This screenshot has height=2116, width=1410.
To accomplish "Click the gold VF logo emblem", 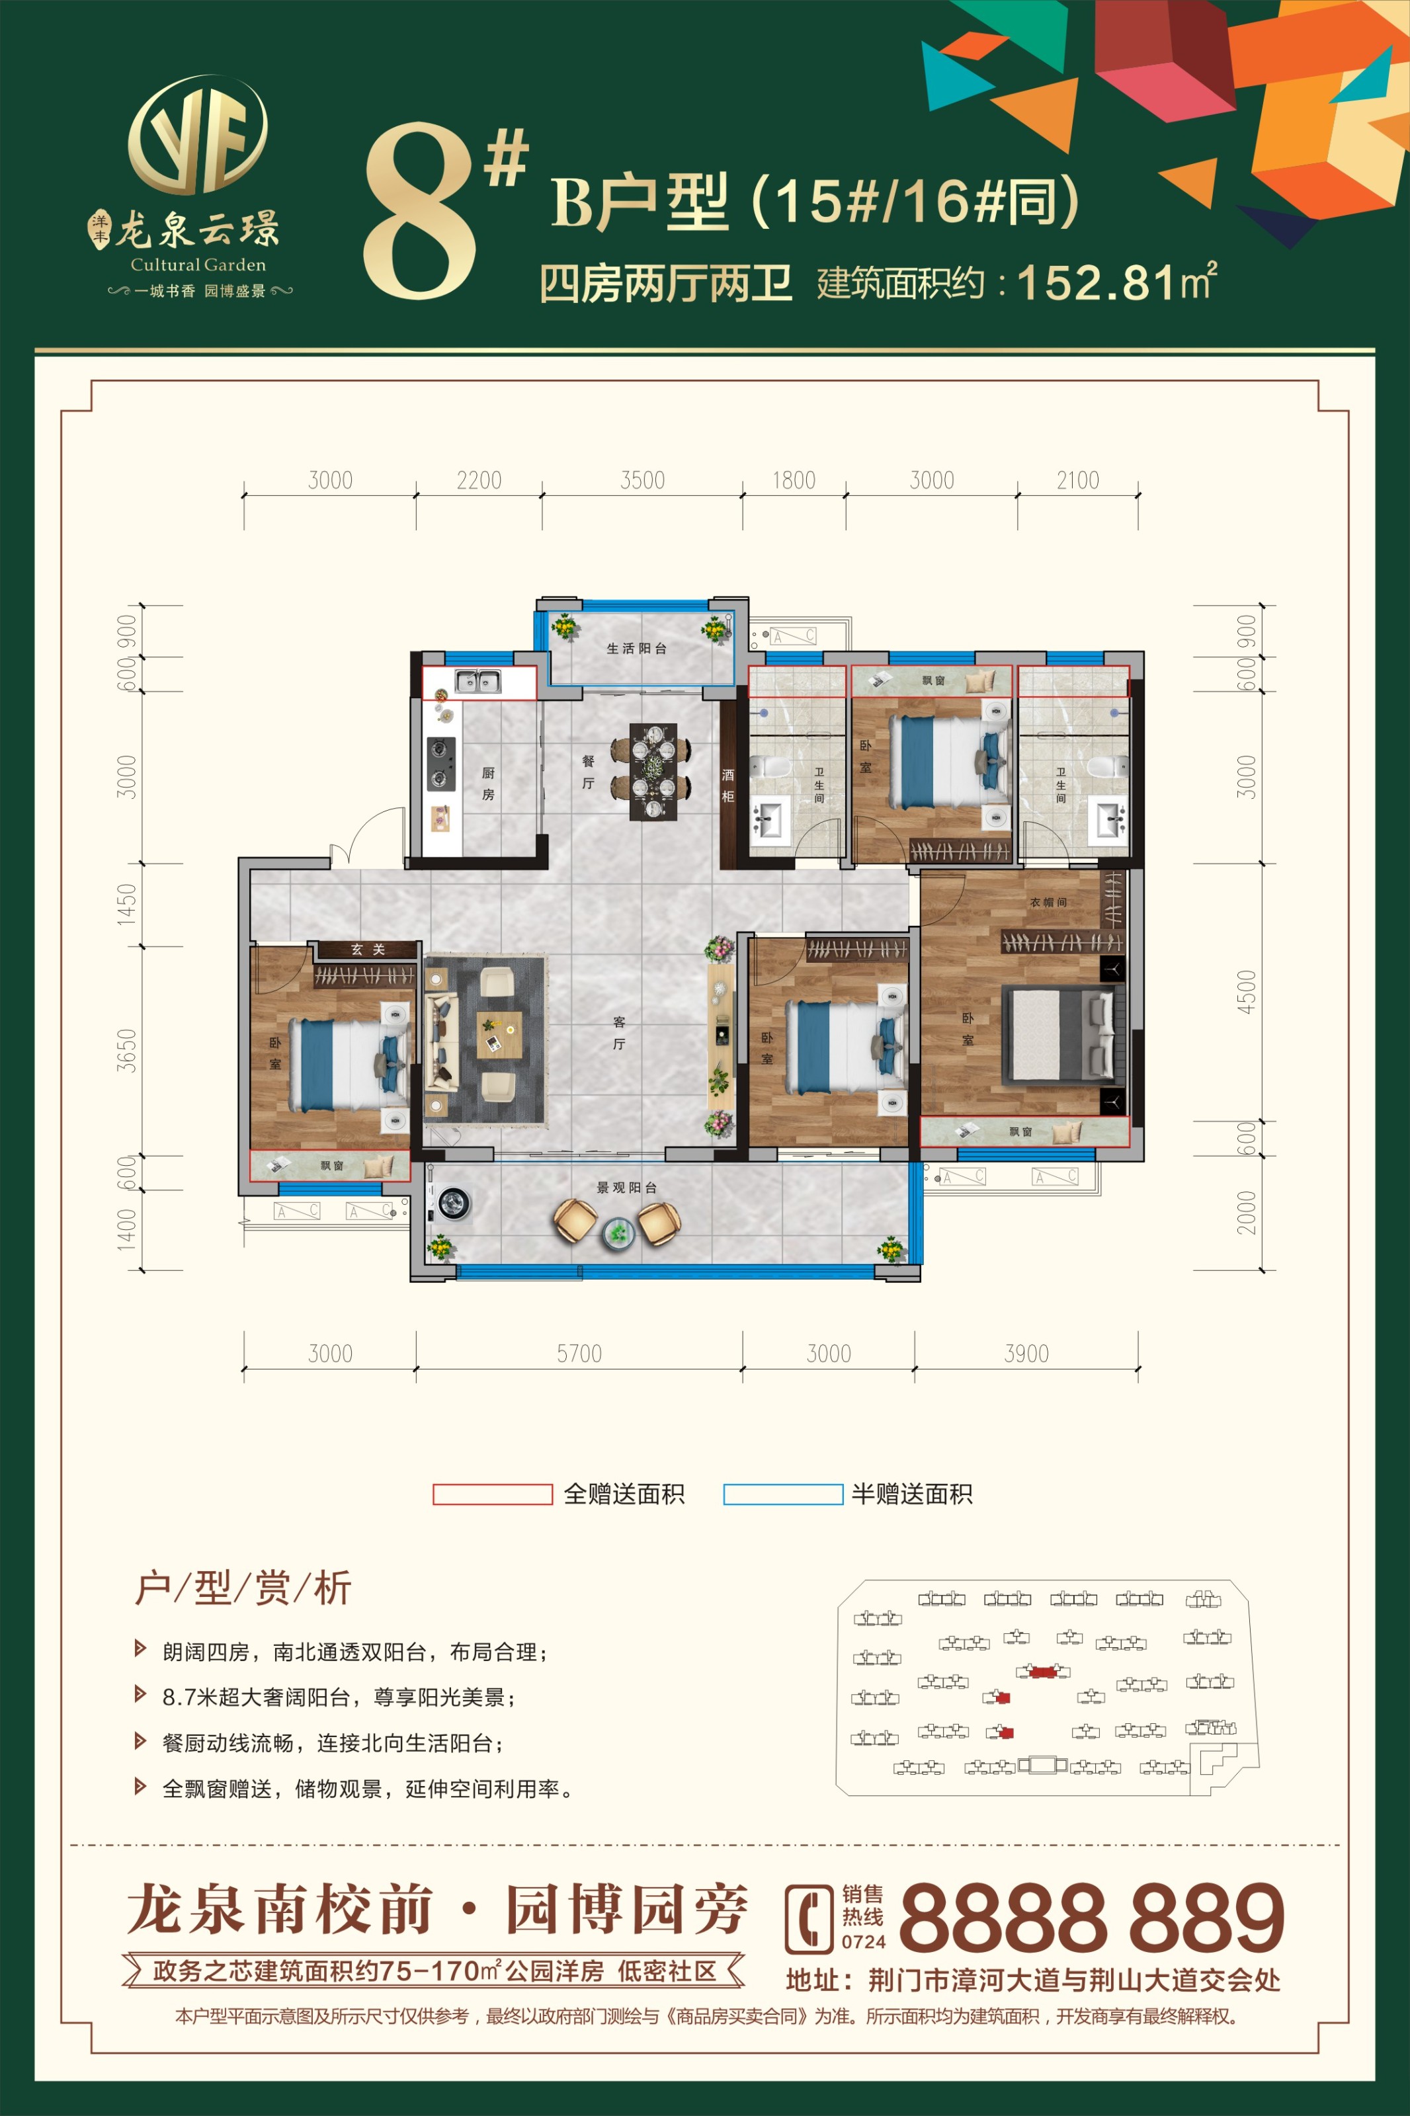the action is click(198, 135).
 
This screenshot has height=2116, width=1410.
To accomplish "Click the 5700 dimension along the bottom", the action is click(579, 1353).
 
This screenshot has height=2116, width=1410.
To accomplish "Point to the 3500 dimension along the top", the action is click(642, 480).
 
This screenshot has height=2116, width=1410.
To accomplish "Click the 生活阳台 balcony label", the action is click(637, 648).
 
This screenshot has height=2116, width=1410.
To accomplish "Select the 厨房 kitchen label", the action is click(488, 784).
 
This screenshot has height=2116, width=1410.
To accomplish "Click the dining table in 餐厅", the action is click(652, 771).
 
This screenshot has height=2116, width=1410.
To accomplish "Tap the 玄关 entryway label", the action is click(368, 950).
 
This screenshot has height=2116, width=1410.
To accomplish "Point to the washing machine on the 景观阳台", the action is click(454, 1202).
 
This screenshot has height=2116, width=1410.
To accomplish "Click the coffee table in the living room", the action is click(499, 1035).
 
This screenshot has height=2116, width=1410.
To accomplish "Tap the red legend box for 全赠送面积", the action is click(492, 1494).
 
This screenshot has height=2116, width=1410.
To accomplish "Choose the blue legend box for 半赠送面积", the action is click(783, 1494).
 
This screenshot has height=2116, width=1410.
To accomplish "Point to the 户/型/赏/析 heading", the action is click(243, 1589).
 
